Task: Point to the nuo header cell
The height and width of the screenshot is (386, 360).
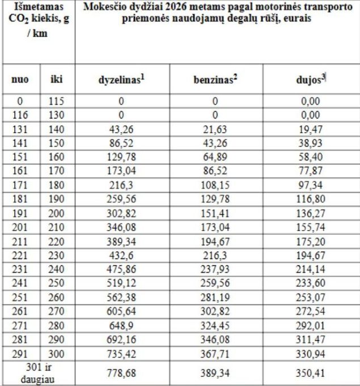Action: [x=20, y=80]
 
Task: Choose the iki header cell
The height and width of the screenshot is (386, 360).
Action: [x=57, y=80]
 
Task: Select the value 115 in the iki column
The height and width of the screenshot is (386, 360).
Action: [x=57, y=101]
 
